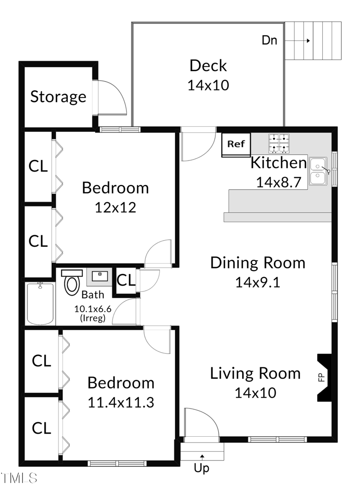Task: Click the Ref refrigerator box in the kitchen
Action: (236, 145)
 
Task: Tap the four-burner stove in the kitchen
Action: (279, 143)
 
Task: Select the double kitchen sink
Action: (318, 171)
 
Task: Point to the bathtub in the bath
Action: (40, 304)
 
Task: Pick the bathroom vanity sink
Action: (99, 277)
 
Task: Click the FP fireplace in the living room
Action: (324, 377)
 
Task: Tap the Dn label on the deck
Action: (269, 40)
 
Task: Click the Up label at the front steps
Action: (202, 468)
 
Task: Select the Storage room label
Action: (58, 97)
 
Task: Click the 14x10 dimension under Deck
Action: (208, 85)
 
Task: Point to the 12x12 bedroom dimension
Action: (115, 208)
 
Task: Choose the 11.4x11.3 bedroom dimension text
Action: (121, 403)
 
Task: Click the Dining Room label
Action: (258, 263)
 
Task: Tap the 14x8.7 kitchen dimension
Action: (279, 183)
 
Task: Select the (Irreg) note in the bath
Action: (93, 318)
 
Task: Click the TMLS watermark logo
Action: (19, 478)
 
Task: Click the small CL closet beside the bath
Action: (126, 280)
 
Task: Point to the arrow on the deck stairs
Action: (297, 40)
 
